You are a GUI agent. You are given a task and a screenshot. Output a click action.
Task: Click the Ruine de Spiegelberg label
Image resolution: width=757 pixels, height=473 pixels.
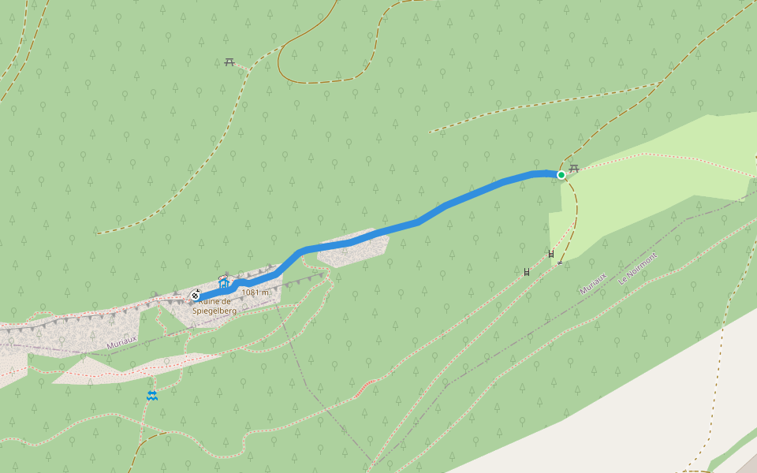(215, 306)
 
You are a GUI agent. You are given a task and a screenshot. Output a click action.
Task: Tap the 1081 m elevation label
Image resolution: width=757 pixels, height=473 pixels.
(255, 292)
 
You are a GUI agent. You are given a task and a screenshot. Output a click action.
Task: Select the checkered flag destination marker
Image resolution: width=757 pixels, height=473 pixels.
(195, 296)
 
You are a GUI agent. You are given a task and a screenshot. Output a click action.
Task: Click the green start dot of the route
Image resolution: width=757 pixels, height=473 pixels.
(561, 175)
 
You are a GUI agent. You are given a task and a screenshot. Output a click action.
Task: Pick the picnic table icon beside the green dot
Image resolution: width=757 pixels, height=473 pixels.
(574, 168)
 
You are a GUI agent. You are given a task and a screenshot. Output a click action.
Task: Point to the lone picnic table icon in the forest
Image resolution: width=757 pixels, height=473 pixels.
(229, 61)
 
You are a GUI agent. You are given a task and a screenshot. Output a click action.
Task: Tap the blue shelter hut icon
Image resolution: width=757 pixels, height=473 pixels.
(223, 281)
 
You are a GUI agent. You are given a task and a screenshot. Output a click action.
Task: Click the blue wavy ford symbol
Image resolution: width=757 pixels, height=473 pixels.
(151, 395)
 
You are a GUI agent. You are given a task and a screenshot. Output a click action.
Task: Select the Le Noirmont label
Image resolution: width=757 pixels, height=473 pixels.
(638, 269)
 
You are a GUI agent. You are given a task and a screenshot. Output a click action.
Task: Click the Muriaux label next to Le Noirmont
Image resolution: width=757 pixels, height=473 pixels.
(593, 284)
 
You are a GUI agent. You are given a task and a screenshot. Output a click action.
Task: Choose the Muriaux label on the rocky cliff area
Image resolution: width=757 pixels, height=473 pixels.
(121, 341)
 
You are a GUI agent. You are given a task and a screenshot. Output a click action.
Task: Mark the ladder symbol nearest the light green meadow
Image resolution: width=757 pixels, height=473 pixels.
(551, 253)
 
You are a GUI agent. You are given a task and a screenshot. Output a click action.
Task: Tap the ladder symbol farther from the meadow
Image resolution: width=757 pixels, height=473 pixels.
(527, 272)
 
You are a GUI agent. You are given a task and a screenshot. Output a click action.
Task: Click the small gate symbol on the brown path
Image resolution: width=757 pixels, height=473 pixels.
(560, 263)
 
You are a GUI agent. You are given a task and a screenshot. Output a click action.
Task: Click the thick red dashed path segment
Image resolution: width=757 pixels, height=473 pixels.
(364, 386)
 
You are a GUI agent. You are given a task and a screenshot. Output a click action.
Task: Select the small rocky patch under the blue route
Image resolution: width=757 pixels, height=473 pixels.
(352, 251)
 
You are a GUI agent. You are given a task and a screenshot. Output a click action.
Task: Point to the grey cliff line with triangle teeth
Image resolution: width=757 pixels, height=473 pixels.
(79, 319)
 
